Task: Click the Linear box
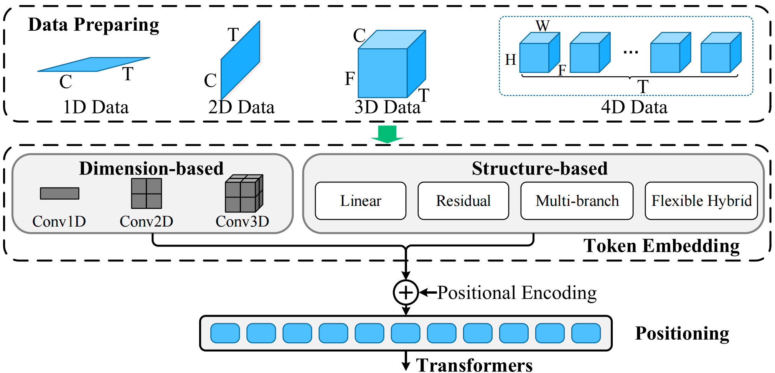(x=360, y=200)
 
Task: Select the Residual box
(x=463, y=200)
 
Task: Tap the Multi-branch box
(x=577, y=200)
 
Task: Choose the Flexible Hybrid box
(x=701, y=200)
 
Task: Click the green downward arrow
(x=387, y=134)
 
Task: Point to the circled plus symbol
(x=406, y=292)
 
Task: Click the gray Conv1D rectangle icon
(x=59, y=193)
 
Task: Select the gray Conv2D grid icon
(x=146, y=193)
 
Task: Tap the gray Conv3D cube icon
(x=244, y=193)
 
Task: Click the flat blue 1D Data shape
(x=94, y=64)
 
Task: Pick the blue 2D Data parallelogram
(x=240, y=61)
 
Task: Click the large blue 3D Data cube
(x=392, y=64)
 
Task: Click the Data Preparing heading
(x=94, y=25)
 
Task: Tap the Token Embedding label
(x=661, y=246)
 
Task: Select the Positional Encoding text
(x=517, y=293)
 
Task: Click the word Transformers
(x=474, y=365)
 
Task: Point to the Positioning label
(x=682, y=333)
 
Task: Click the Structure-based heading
(x=539, y=168)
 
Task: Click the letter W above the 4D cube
(x=542, y=26)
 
